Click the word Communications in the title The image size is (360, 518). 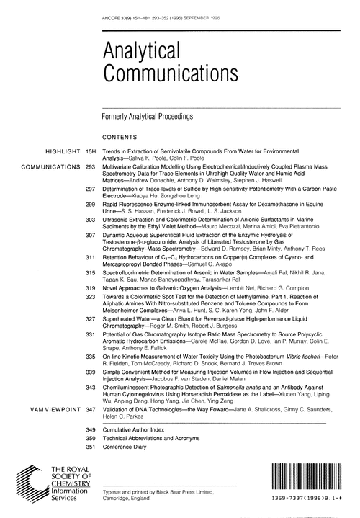click(162, 73)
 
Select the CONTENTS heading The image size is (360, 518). click(121, 135)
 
